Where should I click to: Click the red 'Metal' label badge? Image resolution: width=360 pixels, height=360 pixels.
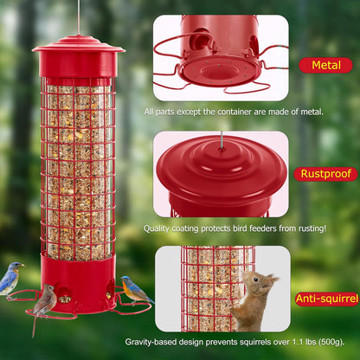pyautogui.click(x=326, y=64)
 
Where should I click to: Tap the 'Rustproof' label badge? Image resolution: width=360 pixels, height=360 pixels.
pyautogui.click(x=325, y=174)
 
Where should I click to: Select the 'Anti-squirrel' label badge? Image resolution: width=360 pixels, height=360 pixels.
pyautogui.click(x=327, y=299)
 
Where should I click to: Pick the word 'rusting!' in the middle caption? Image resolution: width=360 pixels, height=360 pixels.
pyautogui.click(x=306, y=228)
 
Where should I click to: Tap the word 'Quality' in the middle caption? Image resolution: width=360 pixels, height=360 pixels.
pyautogui.click(x=159, y=228)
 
